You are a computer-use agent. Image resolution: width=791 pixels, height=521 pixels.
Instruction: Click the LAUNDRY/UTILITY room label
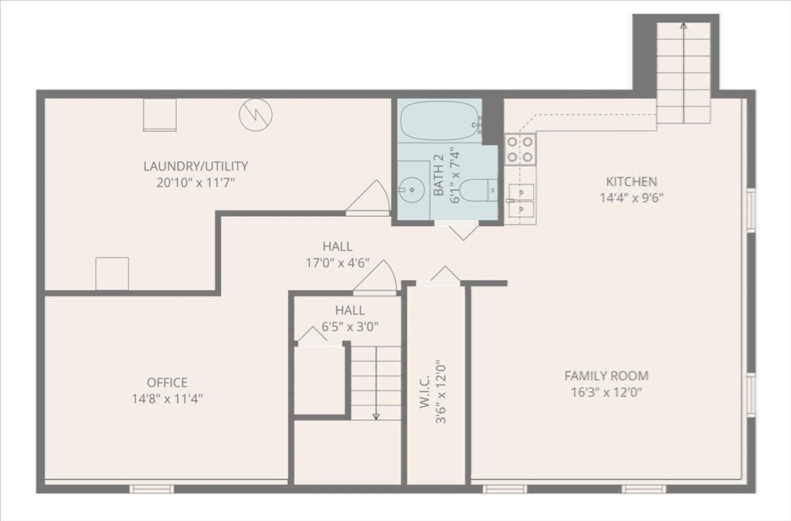(x=195, y=166)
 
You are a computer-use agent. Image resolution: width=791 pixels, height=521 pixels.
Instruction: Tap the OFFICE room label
(x=167, y=382)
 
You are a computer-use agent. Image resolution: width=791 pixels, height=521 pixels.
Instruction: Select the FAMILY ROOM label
(x=606, y=375)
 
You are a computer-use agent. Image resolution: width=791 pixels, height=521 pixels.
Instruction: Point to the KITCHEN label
(x=632, y=181)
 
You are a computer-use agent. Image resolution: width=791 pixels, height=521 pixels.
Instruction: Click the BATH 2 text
(x=439, y=174)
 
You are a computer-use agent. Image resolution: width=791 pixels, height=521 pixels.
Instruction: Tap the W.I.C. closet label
(x=424, y=391)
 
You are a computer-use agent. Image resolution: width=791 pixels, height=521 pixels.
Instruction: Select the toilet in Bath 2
(x=479, y=190)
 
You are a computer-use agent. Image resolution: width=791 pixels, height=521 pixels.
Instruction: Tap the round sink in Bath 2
(x=410, y=189)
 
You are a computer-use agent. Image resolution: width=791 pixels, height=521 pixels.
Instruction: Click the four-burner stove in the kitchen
(x=520, y=149)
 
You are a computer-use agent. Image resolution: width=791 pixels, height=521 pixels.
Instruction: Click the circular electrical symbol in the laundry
(x=256, y=114)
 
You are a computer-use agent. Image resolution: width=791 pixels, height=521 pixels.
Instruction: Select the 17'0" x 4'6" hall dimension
(x=338, y=262)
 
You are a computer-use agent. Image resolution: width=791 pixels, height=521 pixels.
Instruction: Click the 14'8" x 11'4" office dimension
(x=167, y=398)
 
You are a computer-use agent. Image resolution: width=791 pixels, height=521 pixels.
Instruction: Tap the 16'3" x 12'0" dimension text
(x=606, y=391)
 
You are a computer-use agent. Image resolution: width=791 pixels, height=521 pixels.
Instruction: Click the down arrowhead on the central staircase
(x=376, y=416)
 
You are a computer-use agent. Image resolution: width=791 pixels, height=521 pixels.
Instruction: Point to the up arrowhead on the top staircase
(x=683, y=25)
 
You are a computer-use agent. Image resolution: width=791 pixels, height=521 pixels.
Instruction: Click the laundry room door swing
(x=368, y=197)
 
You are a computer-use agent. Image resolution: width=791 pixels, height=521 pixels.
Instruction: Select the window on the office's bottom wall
(x=152, y=489)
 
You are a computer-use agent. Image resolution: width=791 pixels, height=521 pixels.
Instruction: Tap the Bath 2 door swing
(x=463, y=232)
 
